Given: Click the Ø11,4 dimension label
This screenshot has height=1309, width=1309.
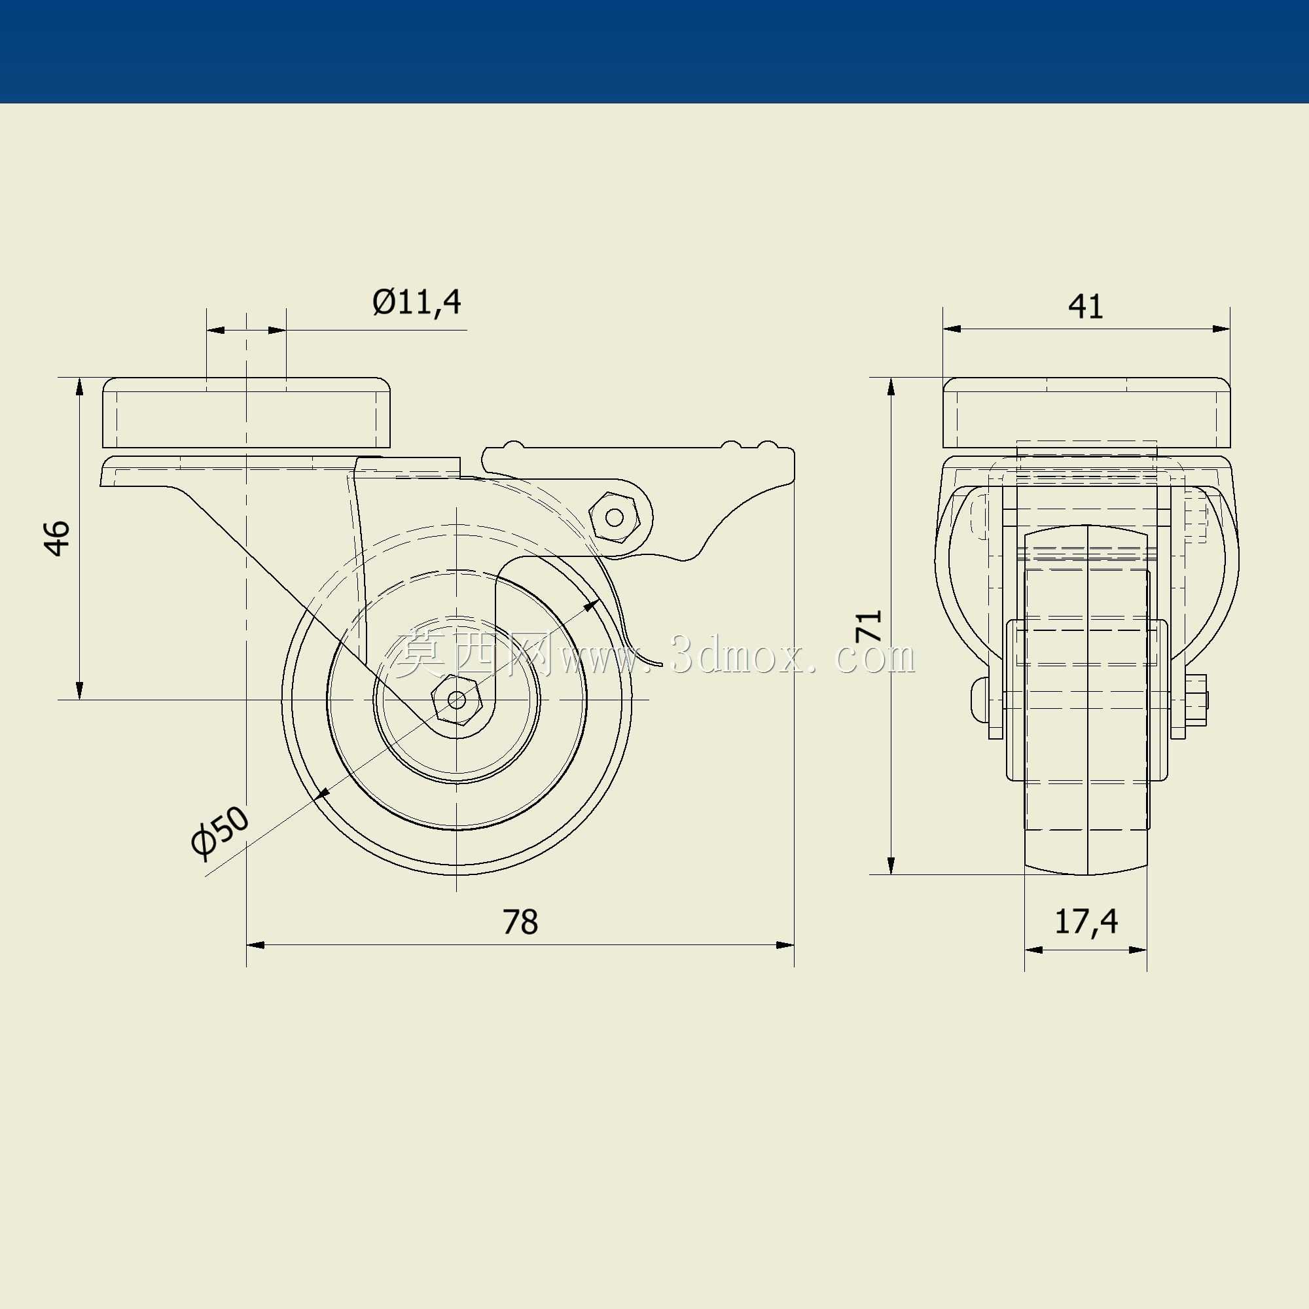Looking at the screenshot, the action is (x=417, y=302).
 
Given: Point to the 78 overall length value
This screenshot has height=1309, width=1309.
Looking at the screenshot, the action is (x=520, y=922).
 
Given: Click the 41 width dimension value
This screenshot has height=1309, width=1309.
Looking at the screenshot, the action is (x=1085, y=306).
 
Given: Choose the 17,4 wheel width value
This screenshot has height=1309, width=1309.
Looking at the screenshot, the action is (x=1086, y=922).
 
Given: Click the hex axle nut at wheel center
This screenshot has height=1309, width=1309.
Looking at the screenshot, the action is (x=458, y=700).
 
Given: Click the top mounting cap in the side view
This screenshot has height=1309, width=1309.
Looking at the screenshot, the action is (x=248, y=412).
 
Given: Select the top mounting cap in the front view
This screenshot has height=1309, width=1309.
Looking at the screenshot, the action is (x=1086, y=412).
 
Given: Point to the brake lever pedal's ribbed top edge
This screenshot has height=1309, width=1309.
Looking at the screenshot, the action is (x=637, y=446).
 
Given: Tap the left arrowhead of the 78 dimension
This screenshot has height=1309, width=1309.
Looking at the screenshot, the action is (x=255, y=944).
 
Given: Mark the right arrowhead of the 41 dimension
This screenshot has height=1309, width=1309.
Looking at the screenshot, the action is (x=1221, y=329).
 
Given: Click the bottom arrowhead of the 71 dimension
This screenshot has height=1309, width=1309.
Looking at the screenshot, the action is (x=891, y=865).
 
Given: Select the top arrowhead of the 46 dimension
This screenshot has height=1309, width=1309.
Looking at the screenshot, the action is (x=79, y=387).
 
